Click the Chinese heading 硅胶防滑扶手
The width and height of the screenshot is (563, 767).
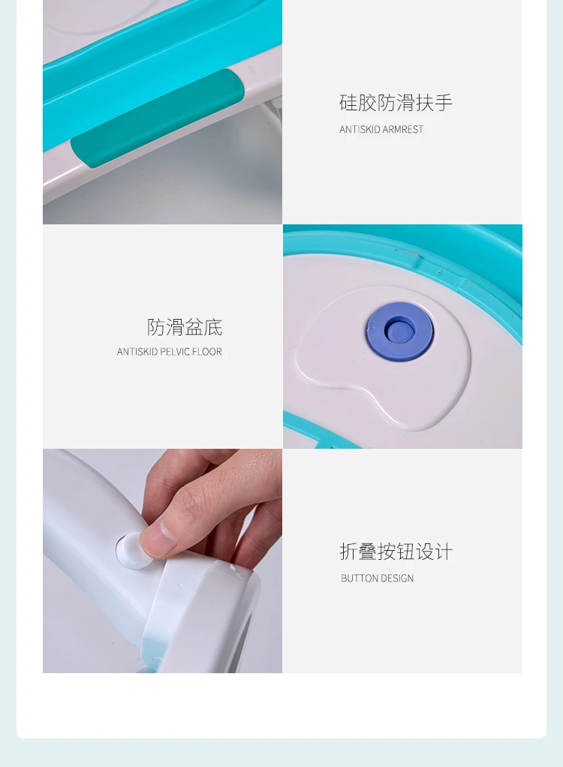point(396,103)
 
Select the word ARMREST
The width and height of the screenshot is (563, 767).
point(403,129)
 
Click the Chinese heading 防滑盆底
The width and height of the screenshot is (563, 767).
point(185,327)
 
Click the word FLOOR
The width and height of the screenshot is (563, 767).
point(207,352)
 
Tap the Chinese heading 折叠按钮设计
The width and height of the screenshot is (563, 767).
point(396,552)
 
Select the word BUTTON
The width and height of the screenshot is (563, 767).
point(357,578)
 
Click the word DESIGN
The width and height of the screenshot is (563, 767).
point(395,578)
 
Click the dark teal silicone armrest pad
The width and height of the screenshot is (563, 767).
point(158,117)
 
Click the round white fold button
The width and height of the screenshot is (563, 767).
point(131,550)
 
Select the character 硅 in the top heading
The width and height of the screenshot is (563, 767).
point(348,103)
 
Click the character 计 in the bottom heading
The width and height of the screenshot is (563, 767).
point(444,552)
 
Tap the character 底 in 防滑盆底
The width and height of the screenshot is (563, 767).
point(214,327)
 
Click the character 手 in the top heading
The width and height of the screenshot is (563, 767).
point(444,103)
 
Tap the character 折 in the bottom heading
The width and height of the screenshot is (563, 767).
point(348,552)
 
